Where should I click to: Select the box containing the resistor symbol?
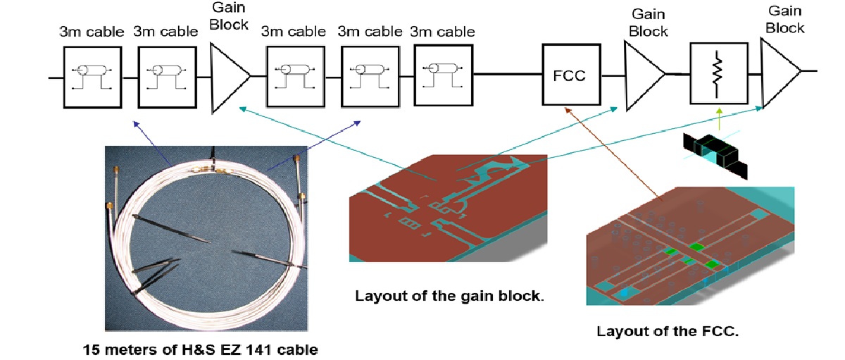click(x=718, y=73)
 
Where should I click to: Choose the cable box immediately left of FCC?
click(x=444, y=75)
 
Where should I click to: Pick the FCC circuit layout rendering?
click(x=690, y=247)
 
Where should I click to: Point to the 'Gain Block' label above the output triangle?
click(x=784, y=19)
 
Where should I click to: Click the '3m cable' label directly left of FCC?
click(x=442, y=32)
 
